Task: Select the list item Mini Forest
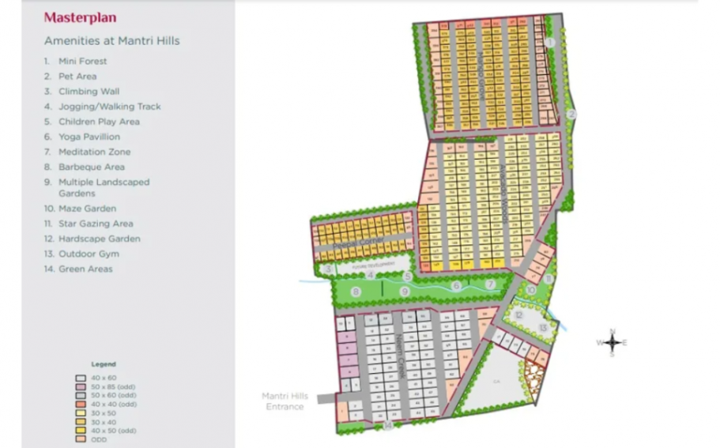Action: pyautogui.click(x=82, y=61)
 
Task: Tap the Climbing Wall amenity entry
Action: pyautogui.click(x=89, y=92)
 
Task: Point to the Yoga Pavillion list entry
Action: pyautogui.click(x=89, y=137)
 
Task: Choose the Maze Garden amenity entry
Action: pyautogui.click(x=87, y=209)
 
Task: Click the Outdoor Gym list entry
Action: pyautogui.click(x=89, y=254)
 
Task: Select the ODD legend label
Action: pyautogui.click(x=97, y=439)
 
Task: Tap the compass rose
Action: pyautogui.click(x=612, y=341)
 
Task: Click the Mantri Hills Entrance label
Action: pyautogui.click(x=285, y=401)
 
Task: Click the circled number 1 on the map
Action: pyautogui.click(x=550, y=42)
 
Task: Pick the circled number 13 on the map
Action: pyautogui.click(x=543, y=327)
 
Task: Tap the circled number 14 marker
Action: pyautogui.click(x=387, y=426)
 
